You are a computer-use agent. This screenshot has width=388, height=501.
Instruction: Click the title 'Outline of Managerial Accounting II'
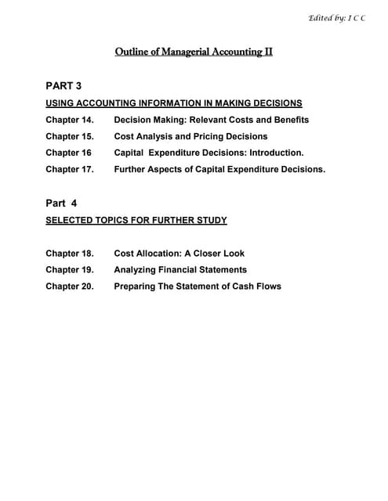194,52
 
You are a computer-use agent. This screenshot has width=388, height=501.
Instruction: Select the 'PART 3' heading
63,85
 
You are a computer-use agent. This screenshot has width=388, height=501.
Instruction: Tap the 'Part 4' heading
62,203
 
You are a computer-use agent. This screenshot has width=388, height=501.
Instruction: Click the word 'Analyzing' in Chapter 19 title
139,270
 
